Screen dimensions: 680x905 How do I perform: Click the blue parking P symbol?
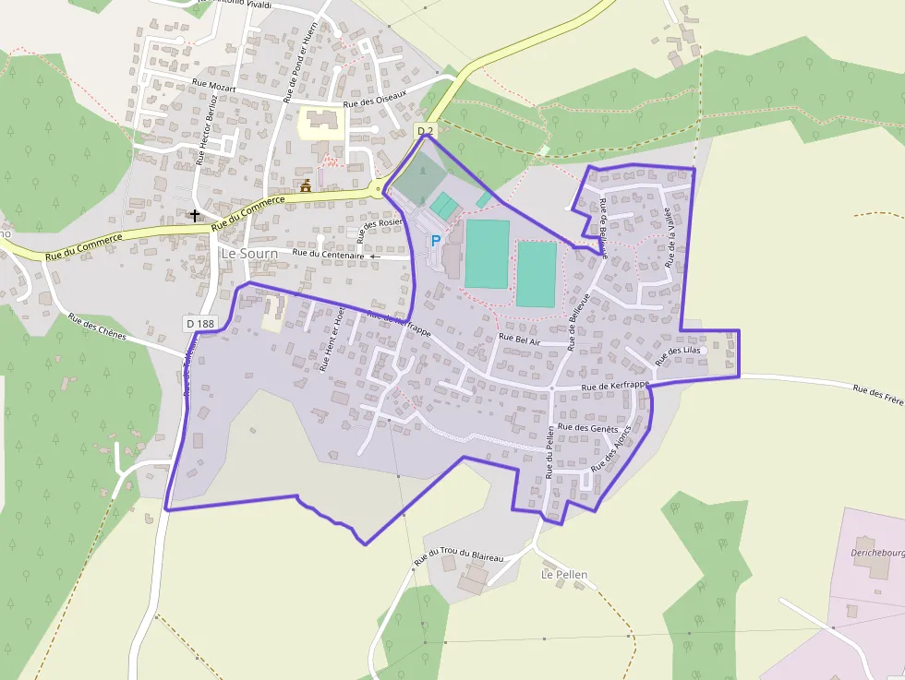(x=435, y=241)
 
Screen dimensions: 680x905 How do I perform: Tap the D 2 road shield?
(x=425, y=131)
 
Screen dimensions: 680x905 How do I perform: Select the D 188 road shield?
(x=199, y=323)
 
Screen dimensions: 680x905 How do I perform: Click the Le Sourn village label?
(x=249, y=253)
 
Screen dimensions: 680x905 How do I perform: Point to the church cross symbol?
(x=194, y=215)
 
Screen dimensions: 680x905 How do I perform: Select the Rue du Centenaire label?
(x=328, y=254)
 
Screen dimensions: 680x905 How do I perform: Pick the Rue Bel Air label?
(x=519, y=339)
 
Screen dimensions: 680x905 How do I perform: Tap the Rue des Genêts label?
(x=588, y=428)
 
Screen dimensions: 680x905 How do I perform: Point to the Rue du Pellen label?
(x=549, y=453)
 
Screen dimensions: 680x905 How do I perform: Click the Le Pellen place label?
(x=563, y=574)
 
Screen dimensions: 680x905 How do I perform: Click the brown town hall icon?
(x=305, y=186)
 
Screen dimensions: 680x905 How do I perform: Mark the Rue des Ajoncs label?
(x=611, y=448)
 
